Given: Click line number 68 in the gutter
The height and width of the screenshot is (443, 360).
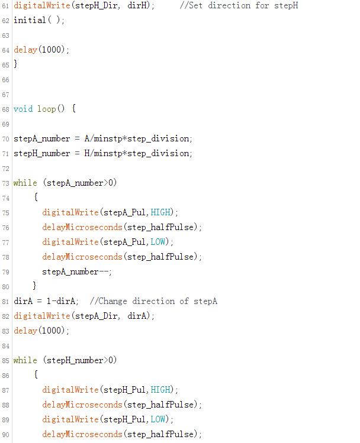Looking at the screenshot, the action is pos(5,109).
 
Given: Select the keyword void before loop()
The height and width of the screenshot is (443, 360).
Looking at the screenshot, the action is pos(23,109).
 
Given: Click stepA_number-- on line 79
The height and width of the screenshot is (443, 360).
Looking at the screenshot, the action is pos(76,271).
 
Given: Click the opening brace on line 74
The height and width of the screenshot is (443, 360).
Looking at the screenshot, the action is pos(36,198).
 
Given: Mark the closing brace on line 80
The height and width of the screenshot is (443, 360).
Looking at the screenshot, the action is pos(35,286).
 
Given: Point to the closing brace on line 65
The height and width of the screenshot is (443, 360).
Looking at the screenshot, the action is pos(16,64).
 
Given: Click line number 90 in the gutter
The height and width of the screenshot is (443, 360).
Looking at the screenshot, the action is pos(5,435).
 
